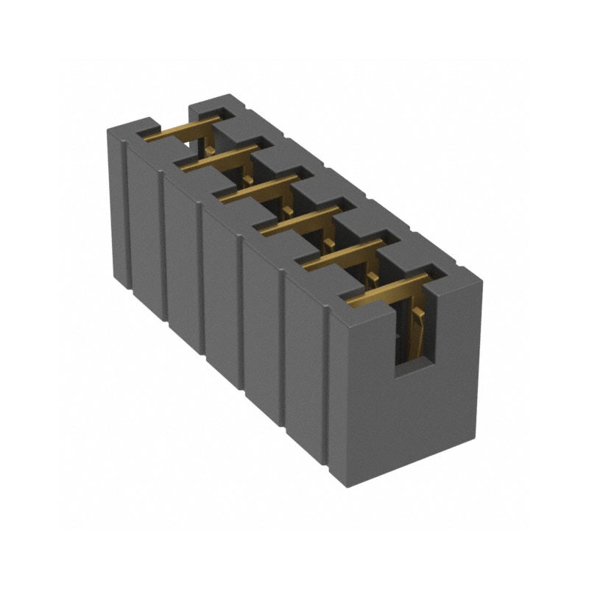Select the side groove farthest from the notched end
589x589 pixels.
click(126, 214)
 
